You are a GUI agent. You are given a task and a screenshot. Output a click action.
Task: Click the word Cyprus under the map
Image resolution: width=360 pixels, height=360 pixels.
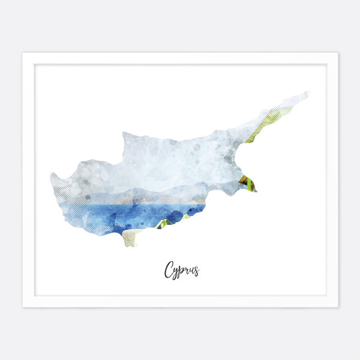(181, 270)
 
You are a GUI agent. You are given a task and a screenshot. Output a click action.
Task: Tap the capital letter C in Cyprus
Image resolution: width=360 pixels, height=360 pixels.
(169, 271)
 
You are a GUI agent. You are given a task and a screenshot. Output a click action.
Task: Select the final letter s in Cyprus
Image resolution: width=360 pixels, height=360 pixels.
(196, 272)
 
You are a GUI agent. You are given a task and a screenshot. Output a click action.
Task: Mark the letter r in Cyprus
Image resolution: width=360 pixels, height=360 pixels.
(187, 271)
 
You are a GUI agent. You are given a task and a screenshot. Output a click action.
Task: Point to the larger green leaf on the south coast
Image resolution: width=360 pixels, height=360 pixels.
(162, 224)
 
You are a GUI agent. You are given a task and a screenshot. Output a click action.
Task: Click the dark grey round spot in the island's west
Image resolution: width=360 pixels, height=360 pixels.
(88, 197)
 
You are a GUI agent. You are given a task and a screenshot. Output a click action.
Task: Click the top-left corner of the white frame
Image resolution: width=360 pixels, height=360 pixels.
(23, 53)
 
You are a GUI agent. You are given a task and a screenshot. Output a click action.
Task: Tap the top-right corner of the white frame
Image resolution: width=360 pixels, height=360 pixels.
(337, 53)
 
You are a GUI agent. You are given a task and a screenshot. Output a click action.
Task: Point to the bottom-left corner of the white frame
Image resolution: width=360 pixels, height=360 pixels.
(23, 307)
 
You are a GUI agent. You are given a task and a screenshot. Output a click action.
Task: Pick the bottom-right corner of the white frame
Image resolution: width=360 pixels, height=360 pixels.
(337, 307)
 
